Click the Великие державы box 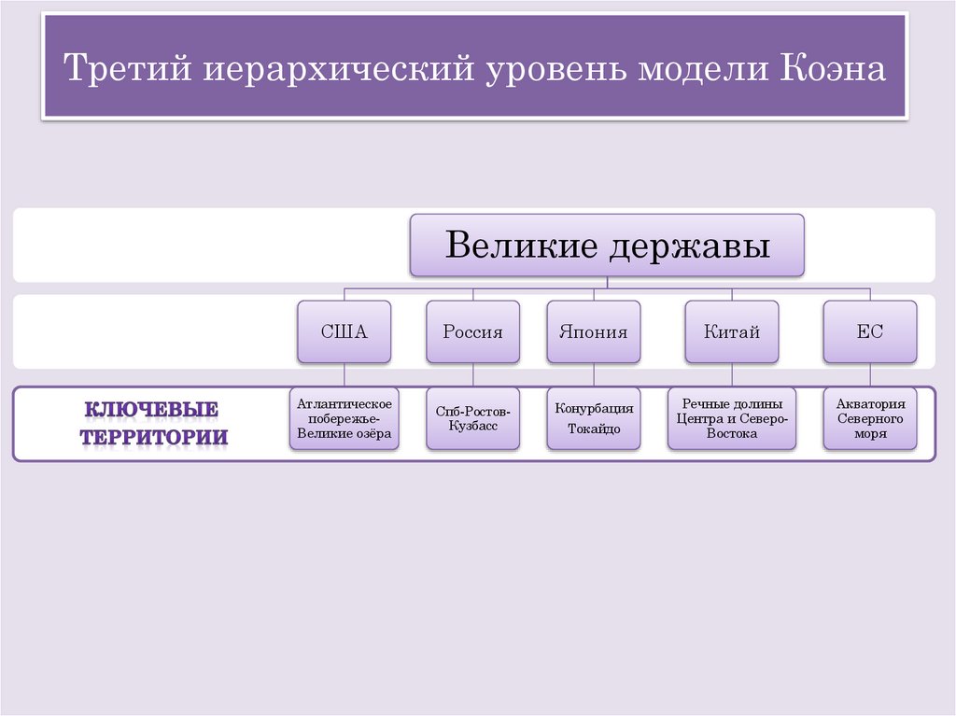click(x=607, y=246)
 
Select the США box click(x=344, y=331)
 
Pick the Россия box click(x=472, y=331)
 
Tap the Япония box click(x=593, y=331)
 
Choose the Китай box click(x=731, y=331)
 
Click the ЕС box click(x=870, y=331)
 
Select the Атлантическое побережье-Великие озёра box click(x=344, y=418)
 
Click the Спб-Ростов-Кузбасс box click(x=472, y=418)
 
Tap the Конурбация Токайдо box click(x=593, y=418)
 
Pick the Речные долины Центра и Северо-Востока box click(x=731, y=418)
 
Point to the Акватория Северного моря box click(x=870, y=418)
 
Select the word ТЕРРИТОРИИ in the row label click(x=153, y=437)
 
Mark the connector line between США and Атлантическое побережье click(x=344, y=375)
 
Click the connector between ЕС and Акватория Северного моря click(x=870, y=375)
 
